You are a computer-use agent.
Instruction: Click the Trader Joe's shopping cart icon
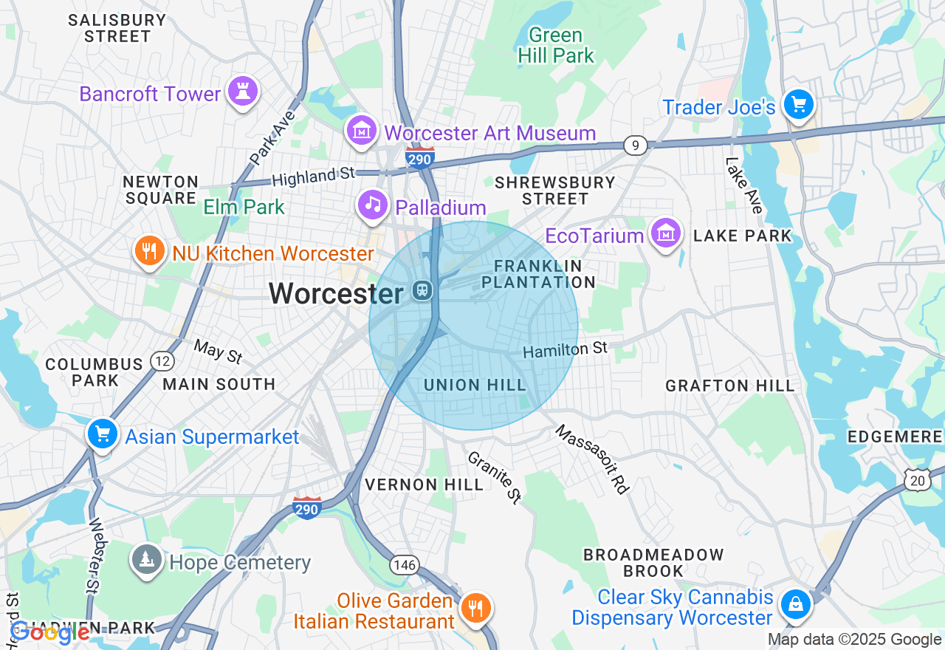[798, 104]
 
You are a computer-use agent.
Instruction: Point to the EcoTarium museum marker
[666, 233]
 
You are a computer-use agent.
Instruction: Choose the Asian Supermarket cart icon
[102, 434]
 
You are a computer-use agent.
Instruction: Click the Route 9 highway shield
[635, 146]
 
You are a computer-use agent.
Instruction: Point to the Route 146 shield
[405, 566]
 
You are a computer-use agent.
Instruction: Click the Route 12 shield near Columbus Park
[162, 361]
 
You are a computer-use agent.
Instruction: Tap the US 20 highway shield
[918, 481]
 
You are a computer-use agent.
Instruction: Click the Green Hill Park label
[556, 45]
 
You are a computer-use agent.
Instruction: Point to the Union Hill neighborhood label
[475, 385]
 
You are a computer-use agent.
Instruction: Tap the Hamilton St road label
[565, 349]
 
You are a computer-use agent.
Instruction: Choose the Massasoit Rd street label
[592, 459]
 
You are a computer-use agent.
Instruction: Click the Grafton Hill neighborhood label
[729, 386]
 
